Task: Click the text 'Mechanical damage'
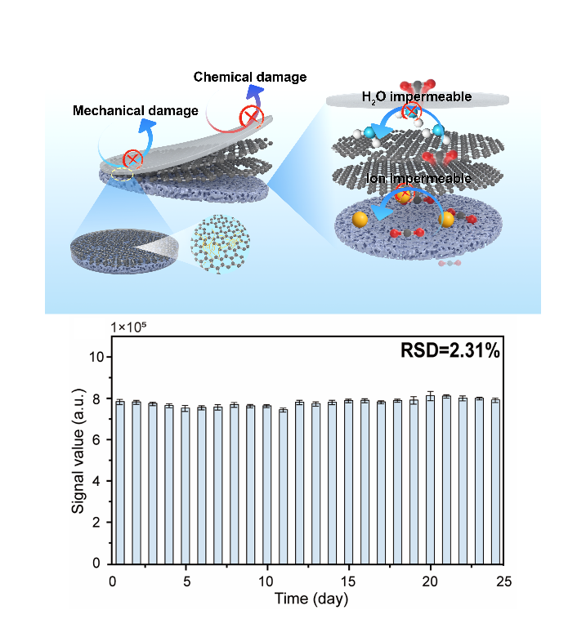(x=135, y=110)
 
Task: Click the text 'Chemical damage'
(x=250, y=77)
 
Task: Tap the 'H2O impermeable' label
(x=417, y=97)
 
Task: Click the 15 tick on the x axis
(x=348, y=580)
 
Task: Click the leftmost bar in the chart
(x=120, y=483)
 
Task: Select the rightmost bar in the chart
(x=495, y=482)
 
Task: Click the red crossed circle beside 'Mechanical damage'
(x=132, y=158)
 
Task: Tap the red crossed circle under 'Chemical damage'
(x=249, y=118)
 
